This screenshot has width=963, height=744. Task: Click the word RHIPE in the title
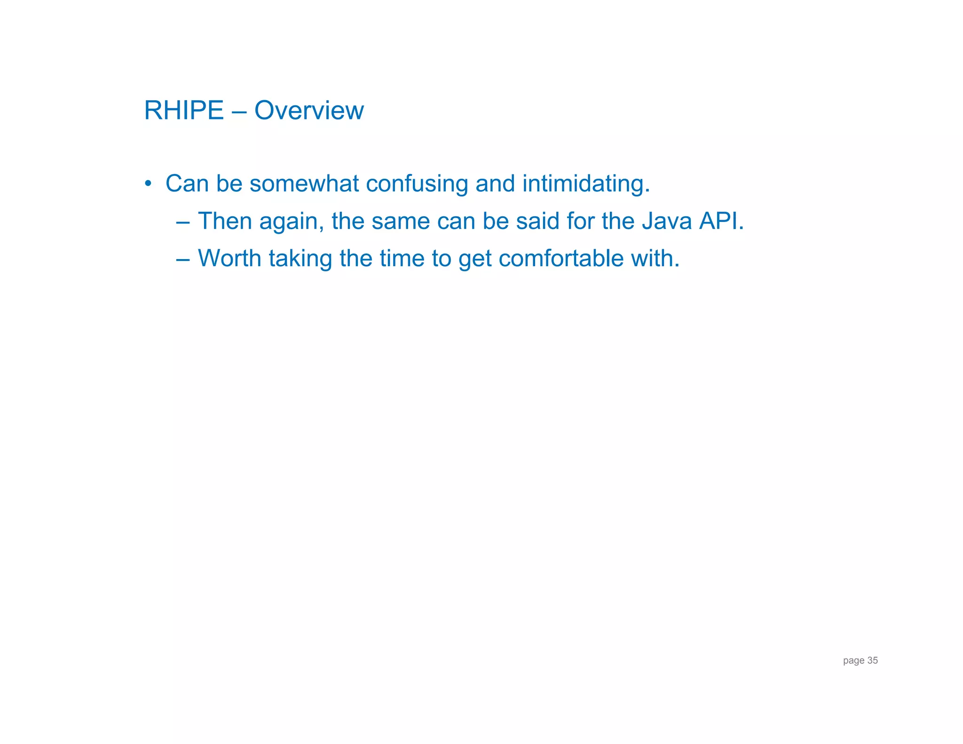tap(183, 111)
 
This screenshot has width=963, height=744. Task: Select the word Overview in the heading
tap(309, 111)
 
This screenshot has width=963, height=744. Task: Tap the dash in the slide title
tap(239, 111)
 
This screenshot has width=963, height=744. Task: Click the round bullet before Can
tap(148, 183)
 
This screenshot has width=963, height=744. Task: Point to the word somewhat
tap(304, 183)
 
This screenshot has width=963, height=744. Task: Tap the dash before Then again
tap(183, 222)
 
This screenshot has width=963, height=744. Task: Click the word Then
tap(225, 221)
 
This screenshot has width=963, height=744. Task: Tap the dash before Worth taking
tap(183, 259)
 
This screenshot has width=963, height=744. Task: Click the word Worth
tap(229, 258)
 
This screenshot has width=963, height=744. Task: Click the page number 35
tap(872, 660)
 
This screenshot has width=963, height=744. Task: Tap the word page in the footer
tap(853, 661)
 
